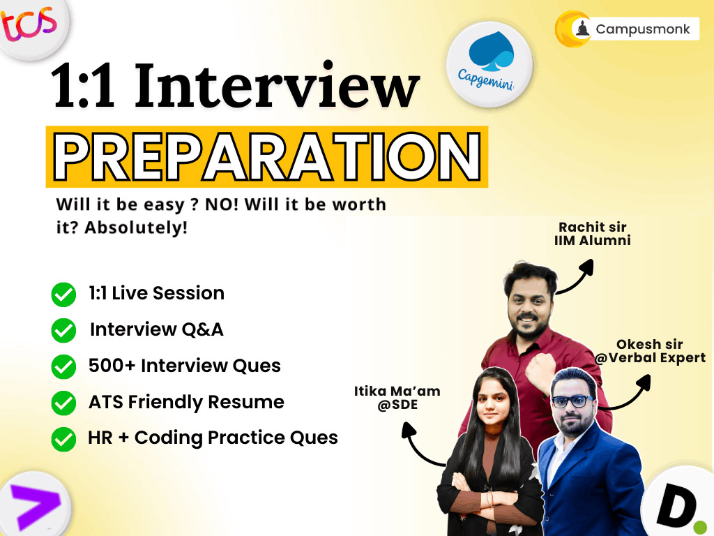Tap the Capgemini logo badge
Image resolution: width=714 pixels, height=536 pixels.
489,64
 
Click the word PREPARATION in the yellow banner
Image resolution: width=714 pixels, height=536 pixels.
267,156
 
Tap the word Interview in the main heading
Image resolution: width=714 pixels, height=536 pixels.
276,86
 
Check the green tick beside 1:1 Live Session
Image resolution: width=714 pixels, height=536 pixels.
63,295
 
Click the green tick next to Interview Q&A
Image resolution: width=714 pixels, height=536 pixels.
63,330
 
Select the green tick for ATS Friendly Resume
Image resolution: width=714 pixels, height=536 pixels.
63,403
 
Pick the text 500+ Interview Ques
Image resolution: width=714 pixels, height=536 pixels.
184,366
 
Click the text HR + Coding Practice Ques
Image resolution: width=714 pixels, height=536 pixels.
213,438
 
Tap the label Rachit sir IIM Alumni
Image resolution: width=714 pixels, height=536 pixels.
593,234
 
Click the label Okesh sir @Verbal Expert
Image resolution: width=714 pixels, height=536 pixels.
650,352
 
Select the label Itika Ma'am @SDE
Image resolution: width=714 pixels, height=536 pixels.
397,398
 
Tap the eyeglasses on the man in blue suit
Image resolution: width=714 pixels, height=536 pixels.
572,401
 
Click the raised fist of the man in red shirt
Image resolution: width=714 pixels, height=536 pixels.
540,370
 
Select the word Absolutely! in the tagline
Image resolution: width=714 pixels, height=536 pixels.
136,228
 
